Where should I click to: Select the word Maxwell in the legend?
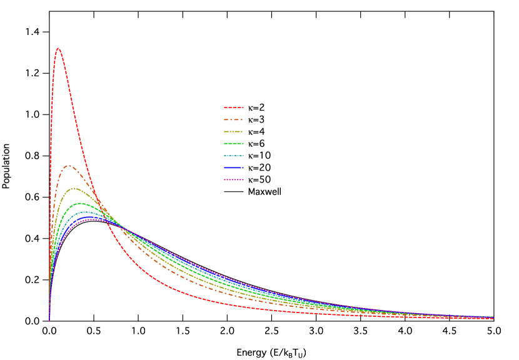pos(265,191)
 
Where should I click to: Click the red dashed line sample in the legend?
pos(234,107)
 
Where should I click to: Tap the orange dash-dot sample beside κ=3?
pos(234,119)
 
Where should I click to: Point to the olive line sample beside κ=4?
pos(234,131)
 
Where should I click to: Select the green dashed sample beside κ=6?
pos(234,144)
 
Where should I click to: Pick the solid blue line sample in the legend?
pos(234,167)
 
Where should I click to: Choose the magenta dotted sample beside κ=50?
pos(234,179)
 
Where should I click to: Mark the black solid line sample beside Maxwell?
pos(234,191)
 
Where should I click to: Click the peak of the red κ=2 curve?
pos(58,47)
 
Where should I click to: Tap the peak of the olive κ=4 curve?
pos(75,188)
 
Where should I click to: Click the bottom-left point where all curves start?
pos(49,321)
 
